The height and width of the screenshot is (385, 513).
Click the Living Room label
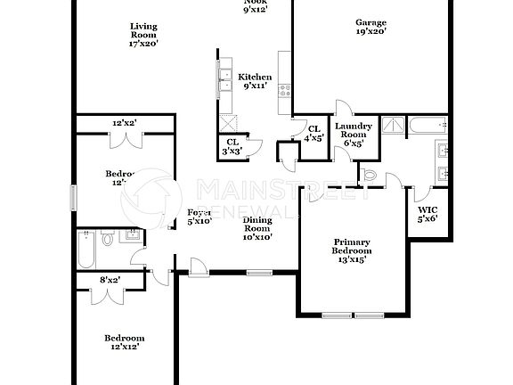(x=142, y=33)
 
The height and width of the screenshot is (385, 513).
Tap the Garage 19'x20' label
(x=370, y=28)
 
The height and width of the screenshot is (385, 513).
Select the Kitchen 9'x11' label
(x=256, y=82)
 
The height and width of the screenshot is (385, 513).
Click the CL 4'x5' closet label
(x=313, y=134)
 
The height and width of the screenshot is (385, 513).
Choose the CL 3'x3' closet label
(x=232, y=146)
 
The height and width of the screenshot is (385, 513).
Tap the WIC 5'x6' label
(x=427, y=214)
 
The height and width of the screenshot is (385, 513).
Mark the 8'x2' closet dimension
(x=109, y=280)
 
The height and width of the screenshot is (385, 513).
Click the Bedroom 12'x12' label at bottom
(x=124, y=343)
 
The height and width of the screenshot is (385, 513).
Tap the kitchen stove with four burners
(x=286, y=90)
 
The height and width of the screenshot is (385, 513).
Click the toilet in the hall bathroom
(x=107, y=238)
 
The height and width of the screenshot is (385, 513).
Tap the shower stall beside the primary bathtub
(x=393, y=127)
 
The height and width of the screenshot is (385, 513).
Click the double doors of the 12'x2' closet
(x=130, y=138)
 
